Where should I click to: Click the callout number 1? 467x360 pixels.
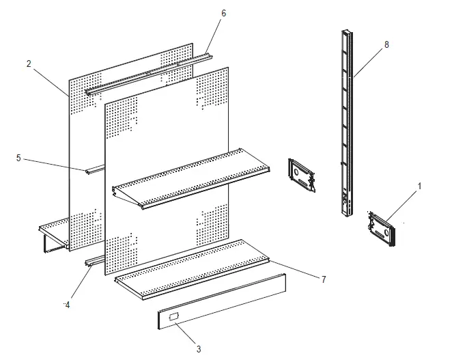419,185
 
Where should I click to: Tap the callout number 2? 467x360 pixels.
29,64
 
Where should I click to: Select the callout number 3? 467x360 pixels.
199,349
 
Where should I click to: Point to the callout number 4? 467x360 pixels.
67,305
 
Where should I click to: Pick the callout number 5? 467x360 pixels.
18,158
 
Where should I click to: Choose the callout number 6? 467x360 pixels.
223,13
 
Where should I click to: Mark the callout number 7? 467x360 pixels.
324,279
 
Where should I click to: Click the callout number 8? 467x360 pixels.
386,44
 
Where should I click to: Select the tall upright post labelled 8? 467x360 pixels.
348,123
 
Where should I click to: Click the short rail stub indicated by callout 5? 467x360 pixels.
95,168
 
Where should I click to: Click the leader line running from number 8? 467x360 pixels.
369,62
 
